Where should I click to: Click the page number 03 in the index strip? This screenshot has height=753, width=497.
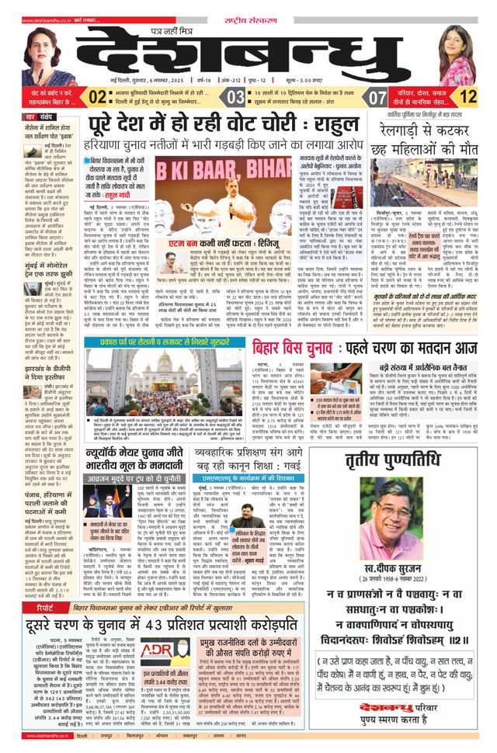point(235,97)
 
